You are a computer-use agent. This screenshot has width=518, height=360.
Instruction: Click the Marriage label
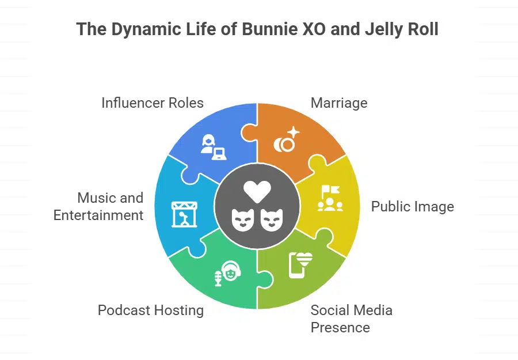338,103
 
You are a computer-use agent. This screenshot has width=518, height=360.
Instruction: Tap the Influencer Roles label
153,103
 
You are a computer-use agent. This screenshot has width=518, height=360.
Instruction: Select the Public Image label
412,206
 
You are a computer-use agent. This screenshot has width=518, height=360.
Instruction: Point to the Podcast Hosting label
151,310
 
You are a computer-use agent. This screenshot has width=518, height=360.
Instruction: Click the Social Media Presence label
351,319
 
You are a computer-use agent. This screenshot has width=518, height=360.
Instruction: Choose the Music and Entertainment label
98,206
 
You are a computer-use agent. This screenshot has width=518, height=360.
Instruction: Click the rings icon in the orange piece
287,140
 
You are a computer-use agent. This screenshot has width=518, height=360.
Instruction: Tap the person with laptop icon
212,146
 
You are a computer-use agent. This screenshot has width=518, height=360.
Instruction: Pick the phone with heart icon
300,265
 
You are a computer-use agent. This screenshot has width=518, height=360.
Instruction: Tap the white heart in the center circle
257,191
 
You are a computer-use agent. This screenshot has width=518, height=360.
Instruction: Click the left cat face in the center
243,219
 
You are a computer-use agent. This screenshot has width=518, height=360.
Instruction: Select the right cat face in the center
271,219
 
